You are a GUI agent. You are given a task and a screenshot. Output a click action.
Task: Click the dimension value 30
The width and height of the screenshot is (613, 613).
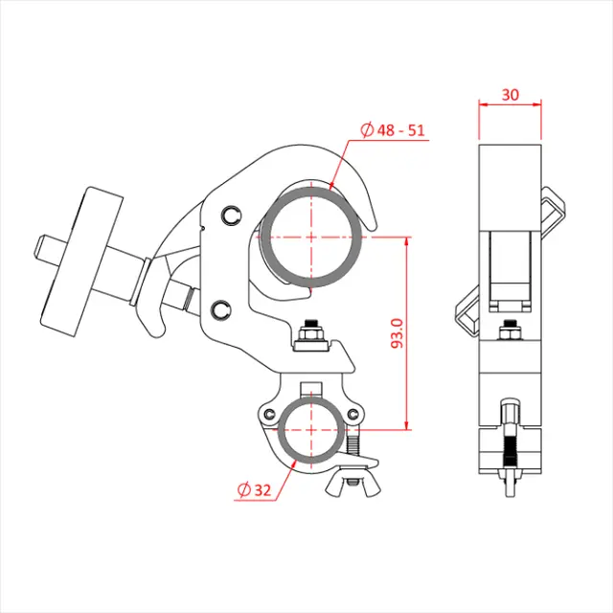click(x=510, y=96)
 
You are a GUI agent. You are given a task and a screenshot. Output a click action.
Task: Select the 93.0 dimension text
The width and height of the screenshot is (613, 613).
click(x=397, y=332)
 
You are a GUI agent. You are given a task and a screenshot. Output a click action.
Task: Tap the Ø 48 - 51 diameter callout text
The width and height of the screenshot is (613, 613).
click(x=393, y=129)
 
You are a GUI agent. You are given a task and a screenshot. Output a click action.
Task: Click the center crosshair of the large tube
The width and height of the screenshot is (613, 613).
click(x=311, y=236)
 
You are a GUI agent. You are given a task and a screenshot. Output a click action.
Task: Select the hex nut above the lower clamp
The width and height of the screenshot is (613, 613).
click(x=312, y=334)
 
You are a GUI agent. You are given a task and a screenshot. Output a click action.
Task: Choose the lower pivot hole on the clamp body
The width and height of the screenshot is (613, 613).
click(x=223, y=308)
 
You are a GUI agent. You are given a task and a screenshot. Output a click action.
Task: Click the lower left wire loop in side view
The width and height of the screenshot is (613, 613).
click(x=467, y=314)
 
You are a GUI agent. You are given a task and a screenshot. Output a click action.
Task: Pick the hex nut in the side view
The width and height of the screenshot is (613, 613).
click(x=510, y=332)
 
